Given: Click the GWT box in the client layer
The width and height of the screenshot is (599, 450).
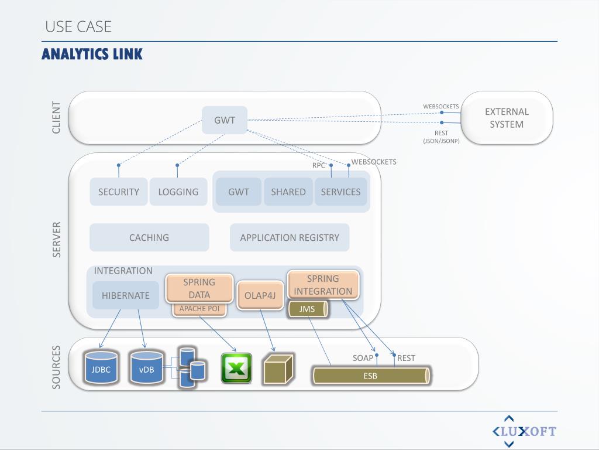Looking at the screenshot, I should click(225, 120).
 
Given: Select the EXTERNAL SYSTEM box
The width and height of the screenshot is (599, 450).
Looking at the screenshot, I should click(507, 118).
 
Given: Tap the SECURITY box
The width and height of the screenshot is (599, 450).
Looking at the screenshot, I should click(119, 192).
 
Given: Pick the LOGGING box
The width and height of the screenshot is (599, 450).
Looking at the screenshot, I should click(178, 192).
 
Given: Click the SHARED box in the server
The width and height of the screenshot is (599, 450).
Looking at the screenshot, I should click(288, 192).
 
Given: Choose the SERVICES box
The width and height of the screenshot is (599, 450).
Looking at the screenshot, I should click(340, 192).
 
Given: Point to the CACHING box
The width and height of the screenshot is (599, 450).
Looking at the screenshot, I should click(149, 237).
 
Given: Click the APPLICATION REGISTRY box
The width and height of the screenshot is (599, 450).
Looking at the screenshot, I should click(290, 237).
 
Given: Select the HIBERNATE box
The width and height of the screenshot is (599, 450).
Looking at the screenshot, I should click(126, 295).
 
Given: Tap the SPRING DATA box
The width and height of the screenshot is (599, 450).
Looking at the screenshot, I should click(199, 288).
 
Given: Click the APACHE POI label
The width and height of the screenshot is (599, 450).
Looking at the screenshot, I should click(199, 309).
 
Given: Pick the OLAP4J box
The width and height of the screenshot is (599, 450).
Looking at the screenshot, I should click(260, 295).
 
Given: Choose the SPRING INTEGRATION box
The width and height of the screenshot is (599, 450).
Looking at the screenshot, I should click(323, 285).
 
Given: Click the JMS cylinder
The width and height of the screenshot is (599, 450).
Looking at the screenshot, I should click(308, 309).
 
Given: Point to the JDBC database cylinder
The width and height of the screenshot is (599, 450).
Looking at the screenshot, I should click(101, 368).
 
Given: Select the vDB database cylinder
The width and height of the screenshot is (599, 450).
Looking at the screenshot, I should click(147, 368).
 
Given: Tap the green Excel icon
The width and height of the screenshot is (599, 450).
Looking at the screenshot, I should click(236, 368).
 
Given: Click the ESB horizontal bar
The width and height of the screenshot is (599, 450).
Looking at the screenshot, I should click(371, 376).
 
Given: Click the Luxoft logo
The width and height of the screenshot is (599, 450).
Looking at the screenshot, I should click(524, 432).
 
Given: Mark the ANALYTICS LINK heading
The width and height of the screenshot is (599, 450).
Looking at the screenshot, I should click(92, 54).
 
